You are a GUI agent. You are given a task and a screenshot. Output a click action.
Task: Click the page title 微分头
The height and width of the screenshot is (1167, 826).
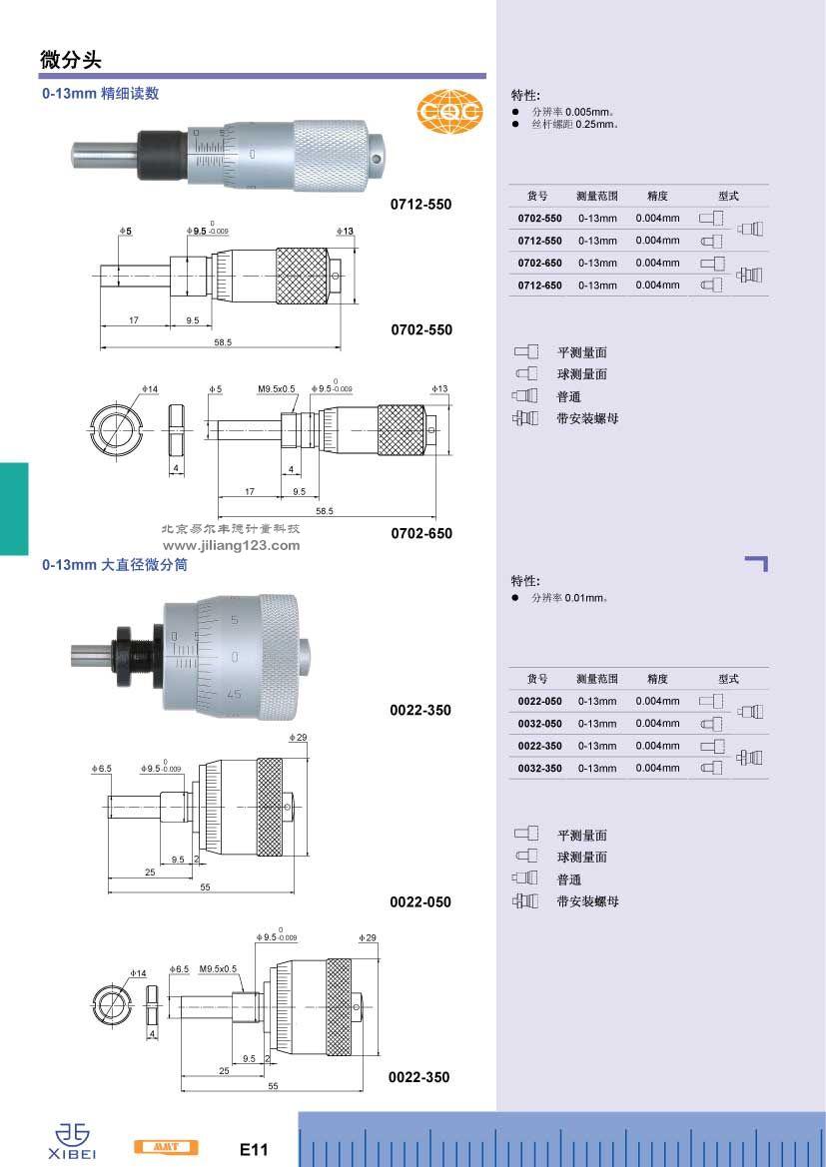71,60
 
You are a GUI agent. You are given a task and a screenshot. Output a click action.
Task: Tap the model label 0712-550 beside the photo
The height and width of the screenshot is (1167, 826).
420,205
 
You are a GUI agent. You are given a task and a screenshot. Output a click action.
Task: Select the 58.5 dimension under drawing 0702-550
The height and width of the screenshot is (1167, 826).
222,342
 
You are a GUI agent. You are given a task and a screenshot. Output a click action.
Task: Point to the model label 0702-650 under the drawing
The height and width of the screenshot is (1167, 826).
420,533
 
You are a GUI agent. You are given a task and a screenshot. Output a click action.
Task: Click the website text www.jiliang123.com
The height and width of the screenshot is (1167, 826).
231,546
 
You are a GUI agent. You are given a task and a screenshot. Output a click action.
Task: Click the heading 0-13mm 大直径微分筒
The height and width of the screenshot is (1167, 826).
115,565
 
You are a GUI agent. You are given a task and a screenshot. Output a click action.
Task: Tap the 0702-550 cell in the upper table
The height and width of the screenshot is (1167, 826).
539,219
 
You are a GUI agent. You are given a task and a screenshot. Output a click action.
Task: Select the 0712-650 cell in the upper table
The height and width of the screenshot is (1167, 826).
539,286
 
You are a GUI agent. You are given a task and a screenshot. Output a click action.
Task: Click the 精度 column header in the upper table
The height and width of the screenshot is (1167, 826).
657,197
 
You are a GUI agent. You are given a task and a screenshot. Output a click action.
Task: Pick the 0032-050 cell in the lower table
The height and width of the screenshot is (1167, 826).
539,724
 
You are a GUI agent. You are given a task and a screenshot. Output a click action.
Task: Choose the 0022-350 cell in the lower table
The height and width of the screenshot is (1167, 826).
539,746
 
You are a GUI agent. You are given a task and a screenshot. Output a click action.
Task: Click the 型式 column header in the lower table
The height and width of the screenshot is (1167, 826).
728,679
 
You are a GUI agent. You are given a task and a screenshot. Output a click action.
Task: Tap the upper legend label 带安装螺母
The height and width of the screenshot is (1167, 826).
587,419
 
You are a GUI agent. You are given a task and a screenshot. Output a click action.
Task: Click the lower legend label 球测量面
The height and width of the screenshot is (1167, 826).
582,858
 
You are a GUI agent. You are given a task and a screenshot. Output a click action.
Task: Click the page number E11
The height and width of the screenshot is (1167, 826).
254,1150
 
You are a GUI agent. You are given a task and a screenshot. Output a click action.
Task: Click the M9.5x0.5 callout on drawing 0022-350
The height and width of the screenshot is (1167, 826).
218,969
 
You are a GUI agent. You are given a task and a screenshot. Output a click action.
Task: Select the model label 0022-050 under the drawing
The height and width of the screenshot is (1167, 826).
420,902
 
